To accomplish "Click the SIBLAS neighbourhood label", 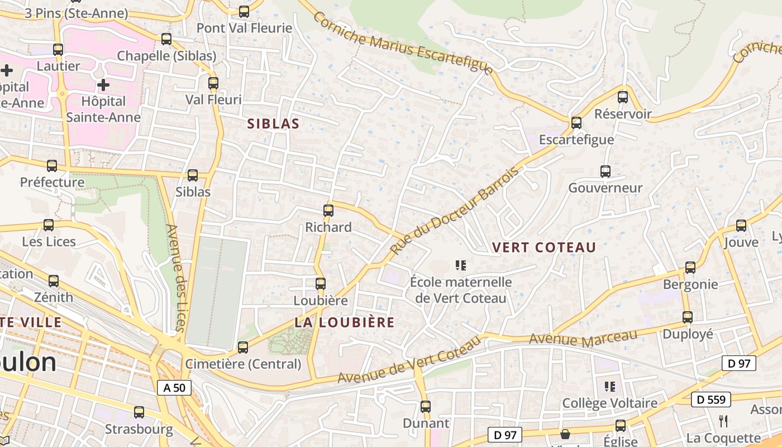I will (273, 124).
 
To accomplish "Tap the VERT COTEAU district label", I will (543, 247).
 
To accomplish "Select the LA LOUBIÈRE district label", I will (345, 322).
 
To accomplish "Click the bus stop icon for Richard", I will (328, 211).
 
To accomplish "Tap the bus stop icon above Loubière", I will (321, 284).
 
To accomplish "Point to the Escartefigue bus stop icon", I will (576, 122).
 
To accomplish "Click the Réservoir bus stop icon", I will (623, 97).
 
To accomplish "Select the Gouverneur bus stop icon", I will (605, 172).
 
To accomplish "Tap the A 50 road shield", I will (174, 388).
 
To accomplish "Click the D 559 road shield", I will (711, 400).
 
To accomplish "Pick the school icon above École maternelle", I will (461, 265).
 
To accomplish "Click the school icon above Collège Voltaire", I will (609, 386).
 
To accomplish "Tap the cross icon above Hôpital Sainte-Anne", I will (103, 85).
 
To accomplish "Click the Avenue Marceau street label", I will (583, 337).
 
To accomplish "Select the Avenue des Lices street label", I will (175, 278).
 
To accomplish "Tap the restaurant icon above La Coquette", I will (723, 421).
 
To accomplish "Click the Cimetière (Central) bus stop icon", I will (243, 348).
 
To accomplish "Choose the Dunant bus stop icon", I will (426, 407).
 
